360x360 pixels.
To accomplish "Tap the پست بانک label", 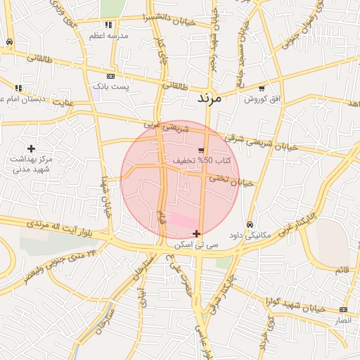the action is pyautogui.click(x=112, y=86).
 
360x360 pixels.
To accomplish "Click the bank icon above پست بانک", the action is pyautogui.click(x=110, y=76).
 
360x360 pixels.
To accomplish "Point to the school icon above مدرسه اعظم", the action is pyautogui.click(x=108, y=24).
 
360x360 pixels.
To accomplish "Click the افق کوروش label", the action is pyautogui.click(x=262, y=99).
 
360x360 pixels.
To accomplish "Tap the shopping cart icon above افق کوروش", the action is pyautogui.click(x=262, y=89).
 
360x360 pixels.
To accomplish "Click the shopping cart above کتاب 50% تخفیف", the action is pyautogui.click(x=201, y=150).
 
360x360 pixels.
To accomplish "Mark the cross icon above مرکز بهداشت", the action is pyautogui.click(x=31, y=148).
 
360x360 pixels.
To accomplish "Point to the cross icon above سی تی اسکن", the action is pyautogui.click(x=196, y=233).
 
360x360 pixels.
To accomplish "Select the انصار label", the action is pyautogui.click(x=342, y=320).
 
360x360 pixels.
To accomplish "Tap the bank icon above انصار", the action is pyautogui.click(x=342, y=309).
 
